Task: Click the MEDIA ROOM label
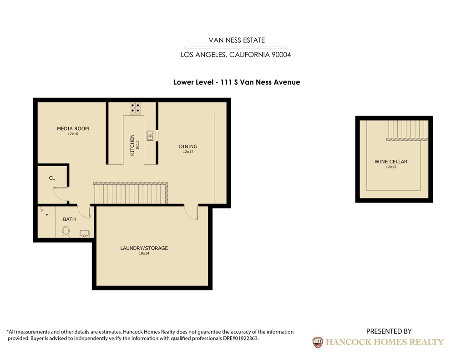coord(73,128)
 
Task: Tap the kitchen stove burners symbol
coord(135,108)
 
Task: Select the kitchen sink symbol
coord(149,135)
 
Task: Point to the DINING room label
coord(188,147)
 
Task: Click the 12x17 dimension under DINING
coord(188,152)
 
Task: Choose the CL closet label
coord(52,178)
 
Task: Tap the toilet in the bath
coord(65,233)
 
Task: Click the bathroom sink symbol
coord(84,234)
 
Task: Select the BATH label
coord(69,219)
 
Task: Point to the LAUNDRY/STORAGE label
coord(144,248)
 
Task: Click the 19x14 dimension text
coord(144,254)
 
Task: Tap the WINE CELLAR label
coord(390,162)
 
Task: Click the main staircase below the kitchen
coord(131,193)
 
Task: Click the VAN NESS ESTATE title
coord(237,40)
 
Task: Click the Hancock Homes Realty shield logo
coord(317,342)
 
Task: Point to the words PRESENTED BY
coord(389,331)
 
